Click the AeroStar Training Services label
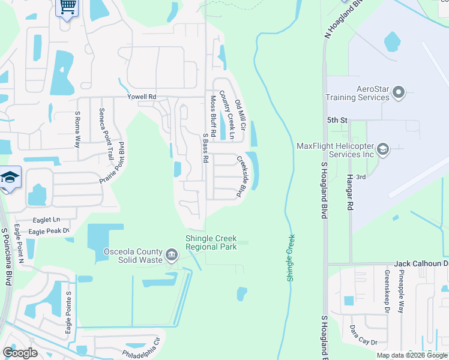tap(355, 93)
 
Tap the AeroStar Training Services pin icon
tap(399, 92)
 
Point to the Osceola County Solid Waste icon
tap(172, 256)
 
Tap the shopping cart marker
tap(67, 7)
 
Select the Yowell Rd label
tap(142, 97)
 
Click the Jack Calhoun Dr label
tap(421, 264)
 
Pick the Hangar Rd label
tap(349, 193)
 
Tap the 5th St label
tap(337, 121)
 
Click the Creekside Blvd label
tap(242, 177)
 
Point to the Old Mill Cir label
tap(240, 116)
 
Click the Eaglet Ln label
tap(47, 220)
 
